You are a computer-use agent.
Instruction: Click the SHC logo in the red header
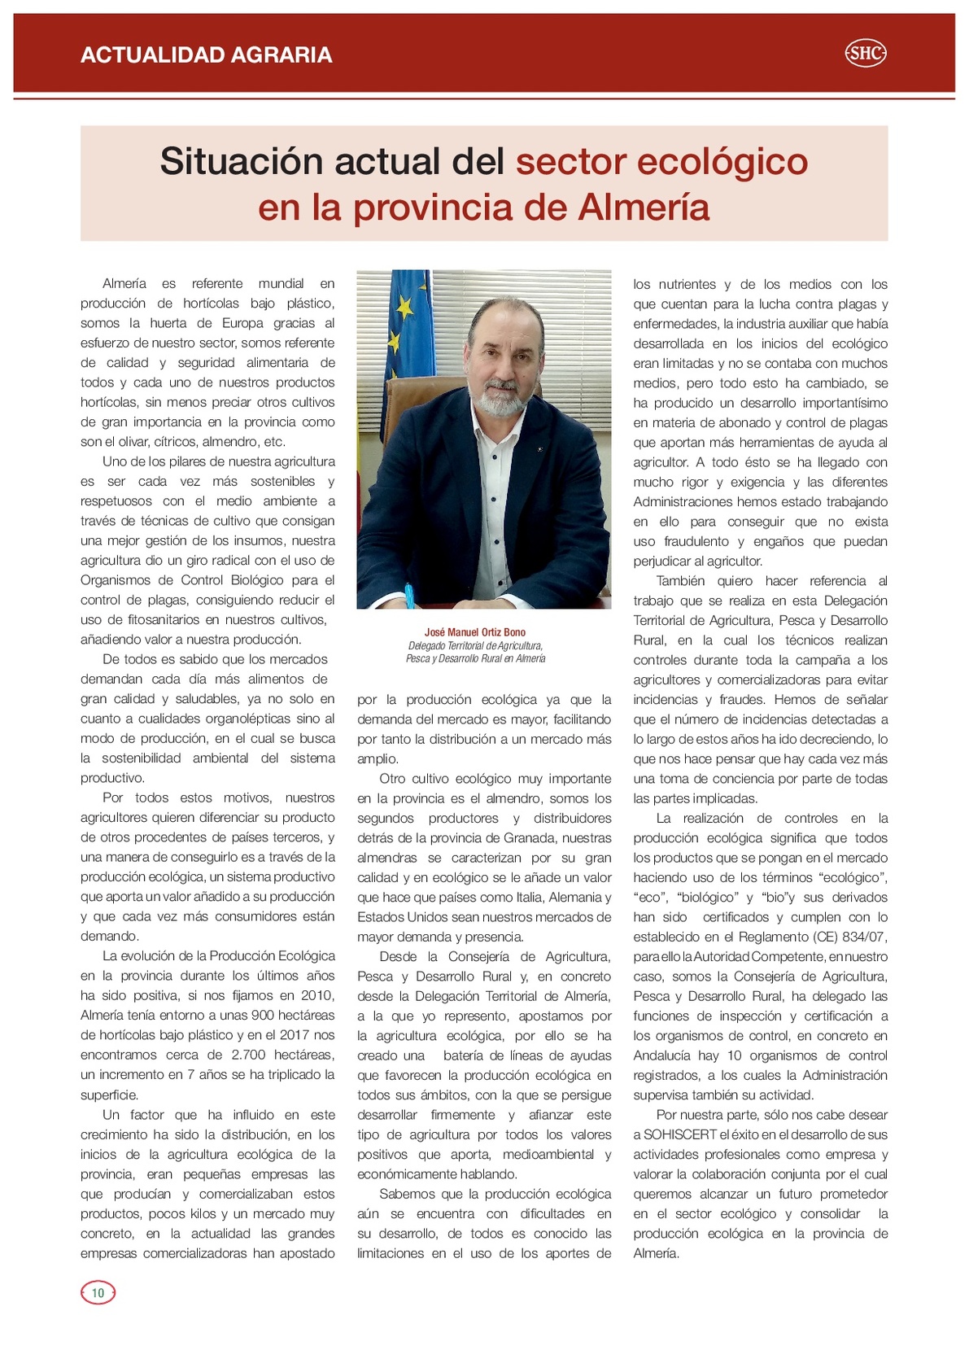(x=866, y=54)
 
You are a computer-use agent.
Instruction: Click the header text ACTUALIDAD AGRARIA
(x=207, y=55)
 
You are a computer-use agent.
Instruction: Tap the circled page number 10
(x=98, y=1292)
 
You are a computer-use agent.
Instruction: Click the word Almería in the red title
(x=644, y=207)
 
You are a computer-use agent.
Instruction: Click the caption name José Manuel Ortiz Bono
(x=475, y=632)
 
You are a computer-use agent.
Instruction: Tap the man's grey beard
(x=498, y=399)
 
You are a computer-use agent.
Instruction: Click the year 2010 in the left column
(x=317, y=995)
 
